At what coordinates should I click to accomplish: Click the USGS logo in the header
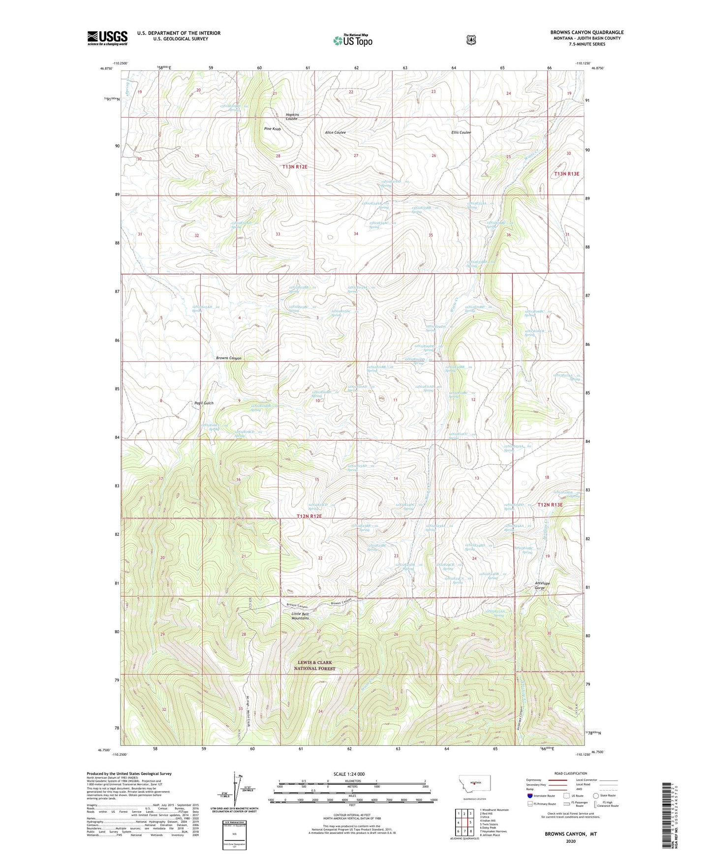tap(107, 38)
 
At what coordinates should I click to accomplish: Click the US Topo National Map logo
tap(352, 40)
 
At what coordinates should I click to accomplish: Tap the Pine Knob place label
tap(272, 129)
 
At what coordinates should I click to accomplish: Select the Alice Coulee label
tap(335, 133)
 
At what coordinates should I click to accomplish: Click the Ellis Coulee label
tap(461, 132)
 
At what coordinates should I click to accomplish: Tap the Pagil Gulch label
tap(202, 403)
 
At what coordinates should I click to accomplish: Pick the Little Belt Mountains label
tap(300, 616)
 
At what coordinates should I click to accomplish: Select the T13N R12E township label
tap(295, 167)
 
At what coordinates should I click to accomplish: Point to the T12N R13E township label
tap(550, 505)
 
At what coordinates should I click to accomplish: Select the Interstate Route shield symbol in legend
tap(529, 796)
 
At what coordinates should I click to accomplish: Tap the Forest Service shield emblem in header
tap(471, 40)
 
